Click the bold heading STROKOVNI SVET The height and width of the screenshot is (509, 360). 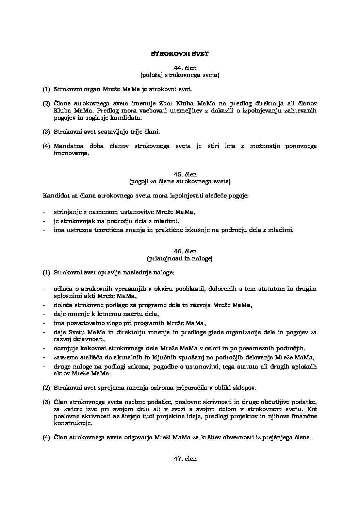(180, 54)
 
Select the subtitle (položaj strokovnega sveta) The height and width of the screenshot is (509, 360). (180, 75)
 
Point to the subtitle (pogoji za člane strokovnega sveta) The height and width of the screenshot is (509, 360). (180, 182)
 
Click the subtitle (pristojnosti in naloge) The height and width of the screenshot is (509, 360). (180, 258)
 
